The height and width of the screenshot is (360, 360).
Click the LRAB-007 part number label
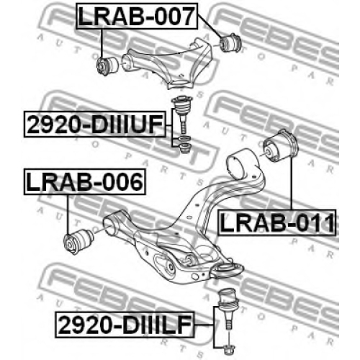click(x=137, y=16)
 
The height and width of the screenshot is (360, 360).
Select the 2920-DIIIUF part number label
click(x=95, y=125)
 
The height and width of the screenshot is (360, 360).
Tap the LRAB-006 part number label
click(x=85, y=181)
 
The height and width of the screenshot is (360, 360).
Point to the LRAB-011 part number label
click(x=277, y=222)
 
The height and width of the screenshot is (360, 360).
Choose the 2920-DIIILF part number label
click(x=125, y=325)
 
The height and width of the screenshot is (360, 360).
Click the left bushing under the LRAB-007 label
click(x=107, y=66)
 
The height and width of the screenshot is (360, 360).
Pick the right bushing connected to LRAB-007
click(x=231, y=42)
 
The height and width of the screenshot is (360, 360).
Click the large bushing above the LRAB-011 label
click(x=281, y=147)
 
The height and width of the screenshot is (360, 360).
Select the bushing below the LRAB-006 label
click(x=78, y=240)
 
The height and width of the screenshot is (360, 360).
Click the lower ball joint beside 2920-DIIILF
click(x=227, y=308)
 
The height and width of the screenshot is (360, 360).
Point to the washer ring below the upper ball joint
click(x=185, y=139)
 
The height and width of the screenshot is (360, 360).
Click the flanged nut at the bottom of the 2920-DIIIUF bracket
click(x=185, y=148)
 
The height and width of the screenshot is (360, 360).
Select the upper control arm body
click(x=168, y=64)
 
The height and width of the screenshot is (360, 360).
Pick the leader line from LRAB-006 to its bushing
click(x=68, y=215)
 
